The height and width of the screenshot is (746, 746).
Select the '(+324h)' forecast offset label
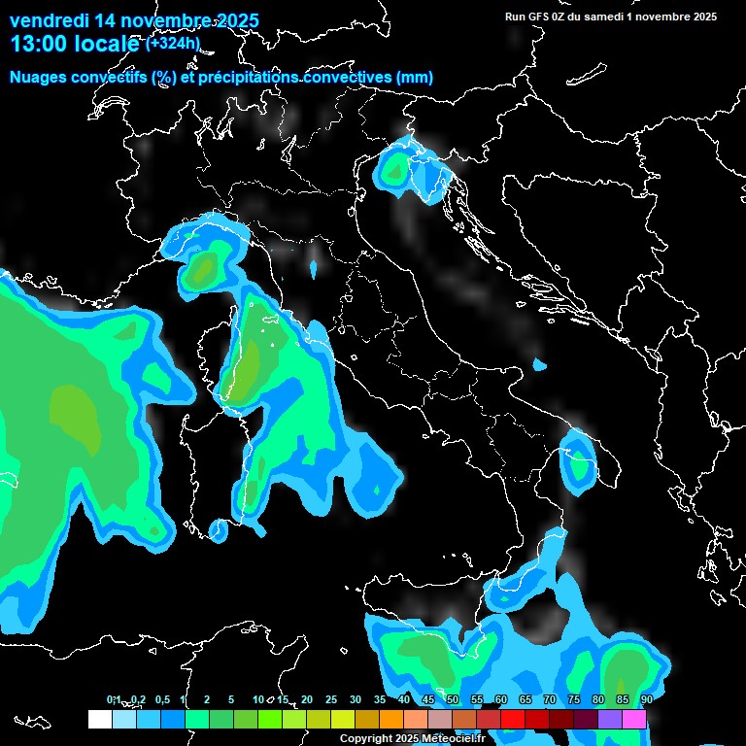(174, 43)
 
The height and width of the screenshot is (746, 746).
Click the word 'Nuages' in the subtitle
(40, 77)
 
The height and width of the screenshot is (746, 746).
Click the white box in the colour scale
(99, 719)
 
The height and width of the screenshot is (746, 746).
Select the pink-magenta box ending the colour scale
(634, 719)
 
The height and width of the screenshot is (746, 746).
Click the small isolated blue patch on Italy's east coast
(539, 365)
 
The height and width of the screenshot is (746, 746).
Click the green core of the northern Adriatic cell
(394, 172)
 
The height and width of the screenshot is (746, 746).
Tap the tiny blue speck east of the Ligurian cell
(314, 267)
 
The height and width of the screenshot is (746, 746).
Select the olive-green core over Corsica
(250, 364)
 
